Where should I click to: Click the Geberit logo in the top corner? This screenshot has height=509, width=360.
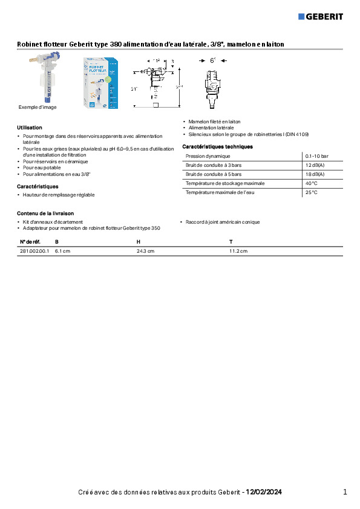pyautogui.click(x=321, y=16)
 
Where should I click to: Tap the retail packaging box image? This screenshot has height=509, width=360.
pyautogui.click(x=100, y=83)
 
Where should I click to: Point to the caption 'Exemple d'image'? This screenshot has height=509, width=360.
pyautogui.click(x=38, y=107)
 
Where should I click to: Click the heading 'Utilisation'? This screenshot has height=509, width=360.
pyautogui.click(x=30, y=128)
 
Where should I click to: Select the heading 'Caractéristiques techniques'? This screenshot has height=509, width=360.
pyautogui.click(x=217, y=147)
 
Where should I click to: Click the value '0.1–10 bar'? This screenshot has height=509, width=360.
pyautogui.click(x=317, y=156)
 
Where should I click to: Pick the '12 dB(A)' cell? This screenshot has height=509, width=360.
pyautogui.click(x=315, y=165)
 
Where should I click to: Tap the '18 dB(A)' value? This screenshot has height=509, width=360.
pyautogui.click(x=315, y=174)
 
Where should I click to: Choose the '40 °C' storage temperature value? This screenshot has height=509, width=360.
pyautogui.click(x=312, y=183)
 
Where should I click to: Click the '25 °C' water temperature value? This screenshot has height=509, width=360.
pyautogui.click(x=312, y=192)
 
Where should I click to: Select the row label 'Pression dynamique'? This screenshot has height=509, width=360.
pyautogui.click(x=208, y=156)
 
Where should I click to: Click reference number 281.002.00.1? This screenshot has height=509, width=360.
pyautogui.click(x=34, y=250)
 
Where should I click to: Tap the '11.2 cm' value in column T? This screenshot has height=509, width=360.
pyautogui.click(x=238, y=250)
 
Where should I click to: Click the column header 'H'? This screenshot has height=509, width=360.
pyautogui.click(x=138, y=242)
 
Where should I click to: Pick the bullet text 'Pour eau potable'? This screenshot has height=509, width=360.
pyautogui.click(x=42, y=167)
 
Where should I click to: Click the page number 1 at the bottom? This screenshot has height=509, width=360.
pyautogui.click(x=345, y=492)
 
